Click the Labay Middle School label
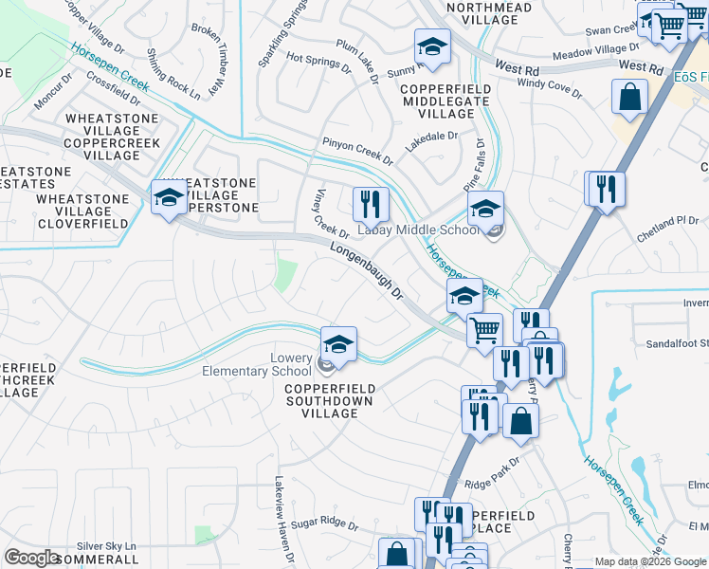pos(418,230)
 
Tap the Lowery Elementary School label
pos(257,364)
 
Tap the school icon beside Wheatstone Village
pos(168,197)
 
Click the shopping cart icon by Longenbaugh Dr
pos(483,331)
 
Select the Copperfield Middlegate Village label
pos(446,101)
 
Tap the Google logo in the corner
pos(32,558)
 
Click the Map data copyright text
pos(650,561)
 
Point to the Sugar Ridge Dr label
pos(323,523)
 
